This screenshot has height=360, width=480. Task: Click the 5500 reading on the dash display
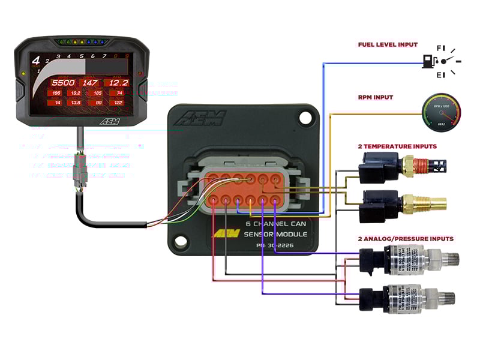pyautogui.click(x=62, y=83)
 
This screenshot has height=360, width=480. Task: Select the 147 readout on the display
pyautogui.click(x=91, y=83)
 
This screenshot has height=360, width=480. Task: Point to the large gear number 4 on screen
pyautogui.click(x=36, y=61)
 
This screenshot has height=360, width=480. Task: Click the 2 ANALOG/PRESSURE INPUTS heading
pyautogui.click(x=406, y=238)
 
